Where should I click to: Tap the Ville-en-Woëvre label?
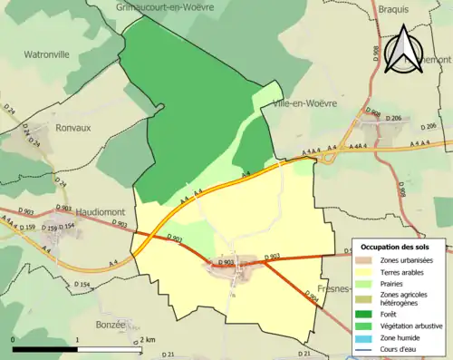[304, 104]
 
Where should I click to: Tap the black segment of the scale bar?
[45, 348]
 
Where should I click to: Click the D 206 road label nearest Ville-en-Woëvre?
[393, 119]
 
